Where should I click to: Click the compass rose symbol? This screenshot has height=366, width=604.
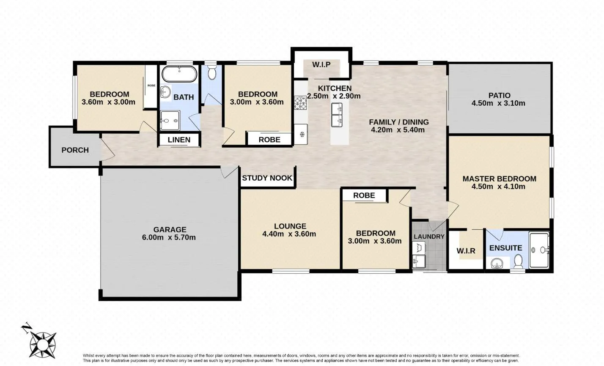point(43,345)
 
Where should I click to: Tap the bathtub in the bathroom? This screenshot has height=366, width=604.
point(179,74)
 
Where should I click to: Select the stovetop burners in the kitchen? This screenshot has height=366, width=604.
point(300,103)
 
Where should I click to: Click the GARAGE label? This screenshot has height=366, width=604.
point(170,229)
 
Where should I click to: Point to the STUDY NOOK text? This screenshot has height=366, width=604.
point(267,178)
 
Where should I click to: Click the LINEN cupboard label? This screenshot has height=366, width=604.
point(179,140)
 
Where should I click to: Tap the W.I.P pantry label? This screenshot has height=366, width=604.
point(321,65)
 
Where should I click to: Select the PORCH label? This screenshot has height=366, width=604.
point(75,150)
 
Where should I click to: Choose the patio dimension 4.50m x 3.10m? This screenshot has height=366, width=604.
point(498,103)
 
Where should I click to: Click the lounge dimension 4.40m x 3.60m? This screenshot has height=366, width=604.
point(289,234)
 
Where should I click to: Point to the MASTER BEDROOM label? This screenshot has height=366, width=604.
point(500,179)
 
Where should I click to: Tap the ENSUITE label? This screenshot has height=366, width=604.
point(505,248)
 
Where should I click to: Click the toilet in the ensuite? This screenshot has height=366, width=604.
point(518,261)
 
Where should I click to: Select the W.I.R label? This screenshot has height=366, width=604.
point(466,251)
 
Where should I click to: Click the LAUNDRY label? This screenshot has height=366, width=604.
point(429,237)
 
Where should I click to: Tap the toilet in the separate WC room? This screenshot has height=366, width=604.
point(212,72)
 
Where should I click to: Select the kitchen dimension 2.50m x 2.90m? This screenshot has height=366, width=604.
point(334,96)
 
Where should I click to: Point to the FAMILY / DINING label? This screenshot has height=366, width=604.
point(399,122)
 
